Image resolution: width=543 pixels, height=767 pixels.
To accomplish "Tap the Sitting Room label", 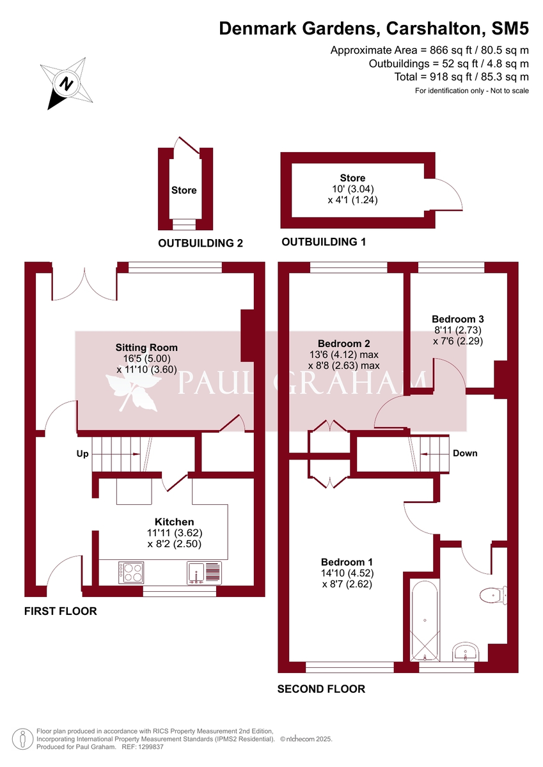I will (x=146, y=348).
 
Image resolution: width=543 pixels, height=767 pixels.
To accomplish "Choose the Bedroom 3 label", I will (x=457, y=319).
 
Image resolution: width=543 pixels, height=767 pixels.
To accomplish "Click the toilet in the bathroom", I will (x=494, y=595).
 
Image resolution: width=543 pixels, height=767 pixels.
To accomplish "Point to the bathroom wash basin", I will (x=465, y=652).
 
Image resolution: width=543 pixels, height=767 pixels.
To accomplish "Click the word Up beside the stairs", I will (x=81, y=454).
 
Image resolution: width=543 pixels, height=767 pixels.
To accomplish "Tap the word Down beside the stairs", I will (x=465, y=453).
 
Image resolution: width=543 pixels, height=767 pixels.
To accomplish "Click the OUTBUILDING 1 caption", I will (x=324, y=242).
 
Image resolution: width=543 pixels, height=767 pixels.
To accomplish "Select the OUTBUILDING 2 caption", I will (x=201, y=243).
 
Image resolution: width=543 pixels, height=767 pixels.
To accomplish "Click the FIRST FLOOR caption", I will (x=61, y=611).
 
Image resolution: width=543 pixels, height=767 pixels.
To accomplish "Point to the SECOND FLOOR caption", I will (x=321, y=688).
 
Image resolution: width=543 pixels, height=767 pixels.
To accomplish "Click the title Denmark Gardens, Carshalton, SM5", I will (x=374, y=28).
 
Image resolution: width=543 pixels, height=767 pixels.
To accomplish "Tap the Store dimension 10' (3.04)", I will (x=352, y=189).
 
